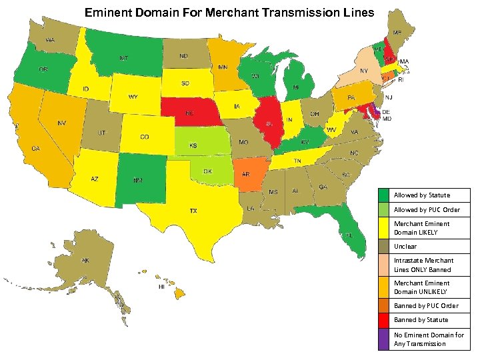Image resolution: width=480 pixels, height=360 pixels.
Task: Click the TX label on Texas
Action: coord(193,211)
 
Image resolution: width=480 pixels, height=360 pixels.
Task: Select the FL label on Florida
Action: coord(349,235)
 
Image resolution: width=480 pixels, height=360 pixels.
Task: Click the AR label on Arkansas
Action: coord(246,174)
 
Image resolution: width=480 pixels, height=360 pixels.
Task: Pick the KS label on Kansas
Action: coord(193,145)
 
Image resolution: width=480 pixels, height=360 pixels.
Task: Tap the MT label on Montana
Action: coord(124,58)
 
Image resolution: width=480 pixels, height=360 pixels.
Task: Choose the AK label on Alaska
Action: coord(85,260)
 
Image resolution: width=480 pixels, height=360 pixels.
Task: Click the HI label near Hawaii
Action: coord(161,287)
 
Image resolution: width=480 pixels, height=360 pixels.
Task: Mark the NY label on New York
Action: coord(364,71)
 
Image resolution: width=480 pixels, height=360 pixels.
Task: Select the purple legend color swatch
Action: coord(383,339)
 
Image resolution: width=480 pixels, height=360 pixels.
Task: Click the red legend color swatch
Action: coord(383,320)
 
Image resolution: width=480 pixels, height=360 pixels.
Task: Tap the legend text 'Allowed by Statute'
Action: coord(421,195)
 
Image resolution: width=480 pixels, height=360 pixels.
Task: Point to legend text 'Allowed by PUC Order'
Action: coord(426,210)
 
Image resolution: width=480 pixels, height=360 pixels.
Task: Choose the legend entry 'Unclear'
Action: coord(405,247)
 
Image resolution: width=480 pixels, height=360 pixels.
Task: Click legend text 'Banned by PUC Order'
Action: coord(425,306)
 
